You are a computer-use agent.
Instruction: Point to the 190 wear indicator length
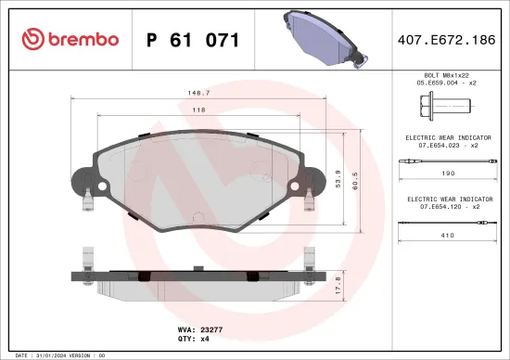(x=448, y=174)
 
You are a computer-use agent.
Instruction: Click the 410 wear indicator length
(x=448, y=236)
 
